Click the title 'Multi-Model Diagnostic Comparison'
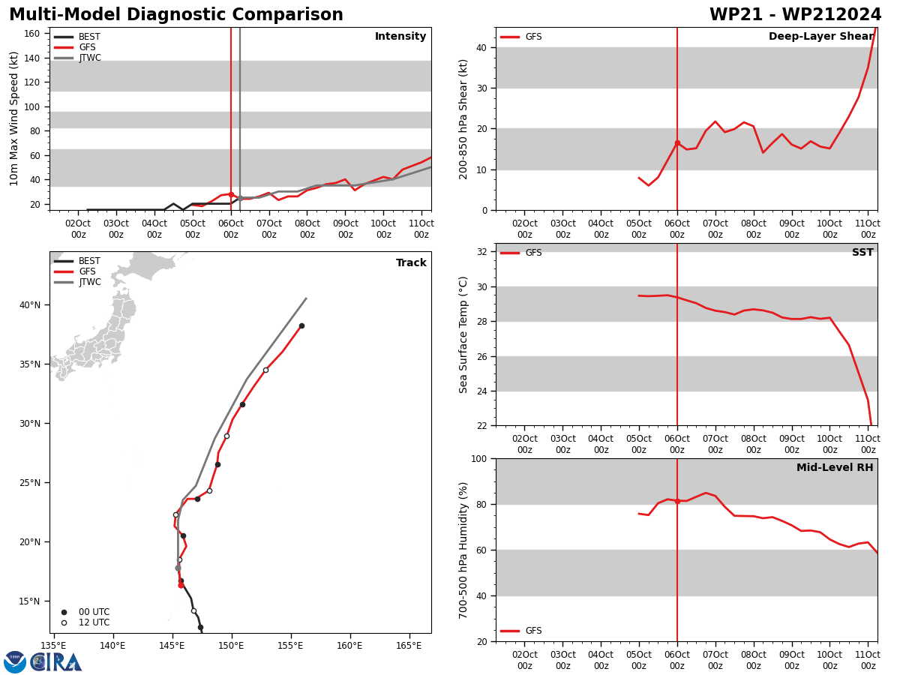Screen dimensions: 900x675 [176, 14]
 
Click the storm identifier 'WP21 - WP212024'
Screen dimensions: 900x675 [795, 14]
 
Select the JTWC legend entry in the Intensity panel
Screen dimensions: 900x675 [77, 58]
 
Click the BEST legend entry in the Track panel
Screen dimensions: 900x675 [77, 261]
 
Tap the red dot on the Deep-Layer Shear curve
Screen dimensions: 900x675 [677, 143]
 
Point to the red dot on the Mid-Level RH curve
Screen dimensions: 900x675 [677, 501]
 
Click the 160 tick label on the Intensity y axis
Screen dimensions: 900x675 [31, 34]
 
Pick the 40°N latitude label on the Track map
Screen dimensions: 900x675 [30, 305]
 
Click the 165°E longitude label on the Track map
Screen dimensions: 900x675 [409, 646]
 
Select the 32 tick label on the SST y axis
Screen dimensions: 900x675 [481, 252]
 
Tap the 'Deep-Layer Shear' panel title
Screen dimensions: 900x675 [820, 37]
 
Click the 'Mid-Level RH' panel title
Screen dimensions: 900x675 [835, 467]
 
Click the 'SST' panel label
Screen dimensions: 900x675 [862, 252]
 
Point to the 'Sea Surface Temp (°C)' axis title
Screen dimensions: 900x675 [463, 334]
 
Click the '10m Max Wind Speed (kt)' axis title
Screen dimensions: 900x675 [13, 118]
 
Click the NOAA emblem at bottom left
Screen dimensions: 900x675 [15, 662]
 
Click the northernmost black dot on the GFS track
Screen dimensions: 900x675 [301, 325]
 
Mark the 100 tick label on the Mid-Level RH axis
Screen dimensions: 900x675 [478, 458]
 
